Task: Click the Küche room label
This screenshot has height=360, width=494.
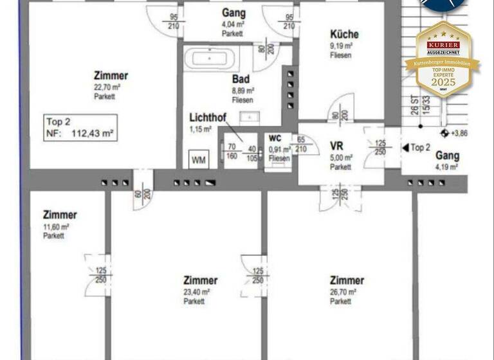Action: pos(344,35)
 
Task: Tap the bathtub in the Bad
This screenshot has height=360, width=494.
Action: pos(211,59)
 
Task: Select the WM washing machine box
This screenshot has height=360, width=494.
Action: pos(199,160)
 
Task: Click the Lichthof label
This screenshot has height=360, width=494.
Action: pos(206,118)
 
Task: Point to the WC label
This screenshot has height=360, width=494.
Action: pos(275,138)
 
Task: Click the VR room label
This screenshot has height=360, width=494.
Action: pos(336,146)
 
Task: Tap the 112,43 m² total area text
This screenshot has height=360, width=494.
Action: pos(89,134)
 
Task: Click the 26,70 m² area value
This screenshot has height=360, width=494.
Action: pos(341,292)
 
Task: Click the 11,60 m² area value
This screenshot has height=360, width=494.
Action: pos(56,226)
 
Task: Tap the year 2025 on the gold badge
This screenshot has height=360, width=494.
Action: pos(443,82)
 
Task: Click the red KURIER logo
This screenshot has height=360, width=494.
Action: pos(443,45)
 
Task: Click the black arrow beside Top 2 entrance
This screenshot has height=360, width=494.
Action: pos(405,148)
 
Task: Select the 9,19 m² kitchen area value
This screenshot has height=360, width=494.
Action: pos(341,46)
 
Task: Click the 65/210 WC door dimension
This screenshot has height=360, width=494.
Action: pos(300,144)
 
